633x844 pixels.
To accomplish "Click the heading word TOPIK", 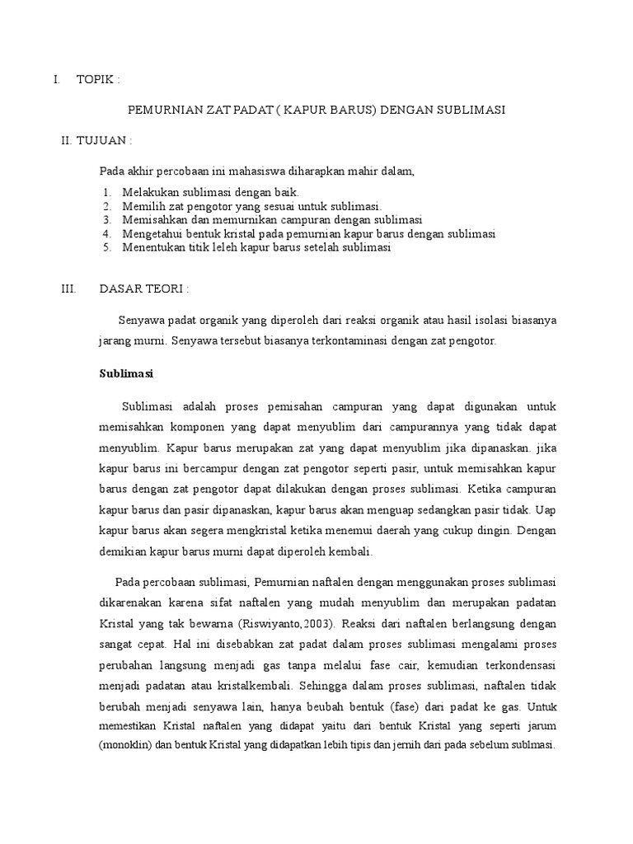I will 96,80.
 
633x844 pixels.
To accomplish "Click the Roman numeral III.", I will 68,289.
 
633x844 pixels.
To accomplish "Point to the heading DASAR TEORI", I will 144,289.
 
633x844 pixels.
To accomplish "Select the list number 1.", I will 107,192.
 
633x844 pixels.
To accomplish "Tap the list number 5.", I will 107,247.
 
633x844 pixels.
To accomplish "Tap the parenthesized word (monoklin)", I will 125,743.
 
